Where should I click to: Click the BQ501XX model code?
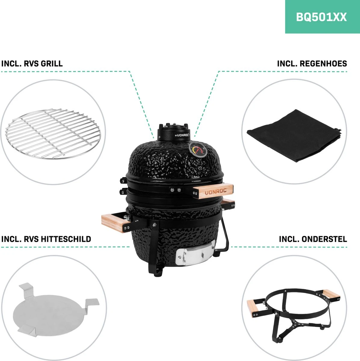point(321,17)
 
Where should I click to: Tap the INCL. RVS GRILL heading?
point(32,64)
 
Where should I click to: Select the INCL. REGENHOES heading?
point(312,64)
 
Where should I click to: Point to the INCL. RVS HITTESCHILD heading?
point(46,239)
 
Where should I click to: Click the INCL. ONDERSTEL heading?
point(313,239)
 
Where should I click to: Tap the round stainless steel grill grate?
point(53,133)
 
